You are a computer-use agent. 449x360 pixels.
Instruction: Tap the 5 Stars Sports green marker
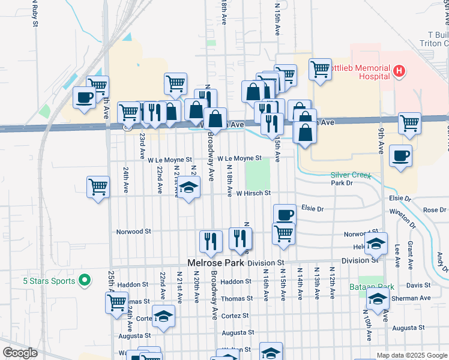tap(85, 280)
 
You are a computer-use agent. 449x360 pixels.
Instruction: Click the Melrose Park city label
tap(214, 263)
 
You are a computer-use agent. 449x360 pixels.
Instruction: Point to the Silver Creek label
tap(351, 175)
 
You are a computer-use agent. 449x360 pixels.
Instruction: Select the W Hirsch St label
tap(253, 193)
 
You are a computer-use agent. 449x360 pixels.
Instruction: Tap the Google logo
tap(20, 353)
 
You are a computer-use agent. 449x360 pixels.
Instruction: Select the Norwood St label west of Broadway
tap(133, 231)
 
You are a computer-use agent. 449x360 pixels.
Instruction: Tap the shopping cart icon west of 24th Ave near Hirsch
tap(98, 186)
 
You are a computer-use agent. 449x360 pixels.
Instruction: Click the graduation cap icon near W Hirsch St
tap(188, 188)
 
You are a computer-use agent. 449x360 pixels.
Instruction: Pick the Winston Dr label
tap(402, 212)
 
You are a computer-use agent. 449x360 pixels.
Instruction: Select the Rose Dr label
tap(435, 210)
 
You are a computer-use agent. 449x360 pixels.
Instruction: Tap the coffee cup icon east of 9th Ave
tap(400, 155)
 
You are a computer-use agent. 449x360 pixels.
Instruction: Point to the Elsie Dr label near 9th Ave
tap(399, 198)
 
